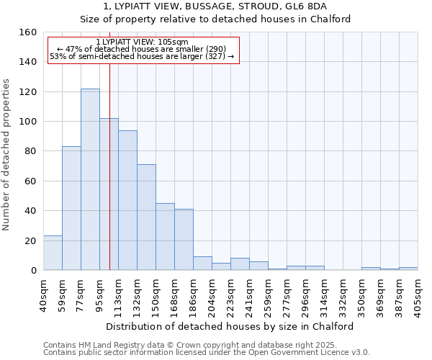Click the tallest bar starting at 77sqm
pyautogui.click(x=90, y=179)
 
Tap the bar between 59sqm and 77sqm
pyautogui.click(x=71, y=208)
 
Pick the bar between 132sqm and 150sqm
pyautogui.click(x=146, y=217)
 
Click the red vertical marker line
pyautogui.click(x=109, y=166)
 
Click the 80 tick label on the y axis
pyautogui.click(x=30, y=151)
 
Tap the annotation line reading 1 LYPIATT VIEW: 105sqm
pyautogui.click(x=142, y=42)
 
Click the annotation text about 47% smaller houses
pyautogui.click(x=142, y=49)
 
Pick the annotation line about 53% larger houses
pyautogui.click(x=142, y=56)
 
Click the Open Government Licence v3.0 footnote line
pyautogui.click(x=206, y=353)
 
